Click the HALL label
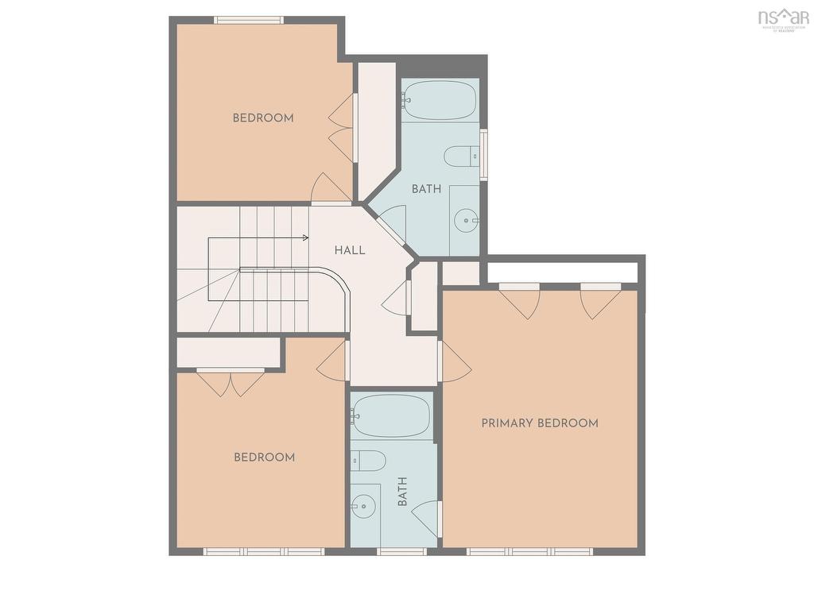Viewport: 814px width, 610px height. click(x=350, y=250)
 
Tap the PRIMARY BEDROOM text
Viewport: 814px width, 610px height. click(x=540, y=423)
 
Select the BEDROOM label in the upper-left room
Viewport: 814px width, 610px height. click(x=263, y=118)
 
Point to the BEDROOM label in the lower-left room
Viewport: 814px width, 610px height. click(x=264, y=457)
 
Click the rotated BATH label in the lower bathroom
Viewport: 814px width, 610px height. click(x=402, y=492)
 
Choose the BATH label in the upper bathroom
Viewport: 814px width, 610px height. click(x=426, y=190)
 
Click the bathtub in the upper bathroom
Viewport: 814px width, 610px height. click(x=439, y=100)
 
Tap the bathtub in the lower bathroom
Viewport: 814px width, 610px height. click(x=391, y=415)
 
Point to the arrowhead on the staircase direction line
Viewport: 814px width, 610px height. click(x=305, y=237)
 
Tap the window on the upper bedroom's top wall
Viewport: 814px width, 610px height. click(x=249, y=20)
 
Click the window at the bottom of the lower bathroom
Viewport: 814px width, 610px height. click(x=401, y=551)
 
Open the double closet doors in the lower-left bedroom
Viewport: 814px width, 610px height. click(x=231, y=383)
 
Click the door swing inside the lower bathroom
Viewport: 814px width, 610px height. click(x=426, y=518)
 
